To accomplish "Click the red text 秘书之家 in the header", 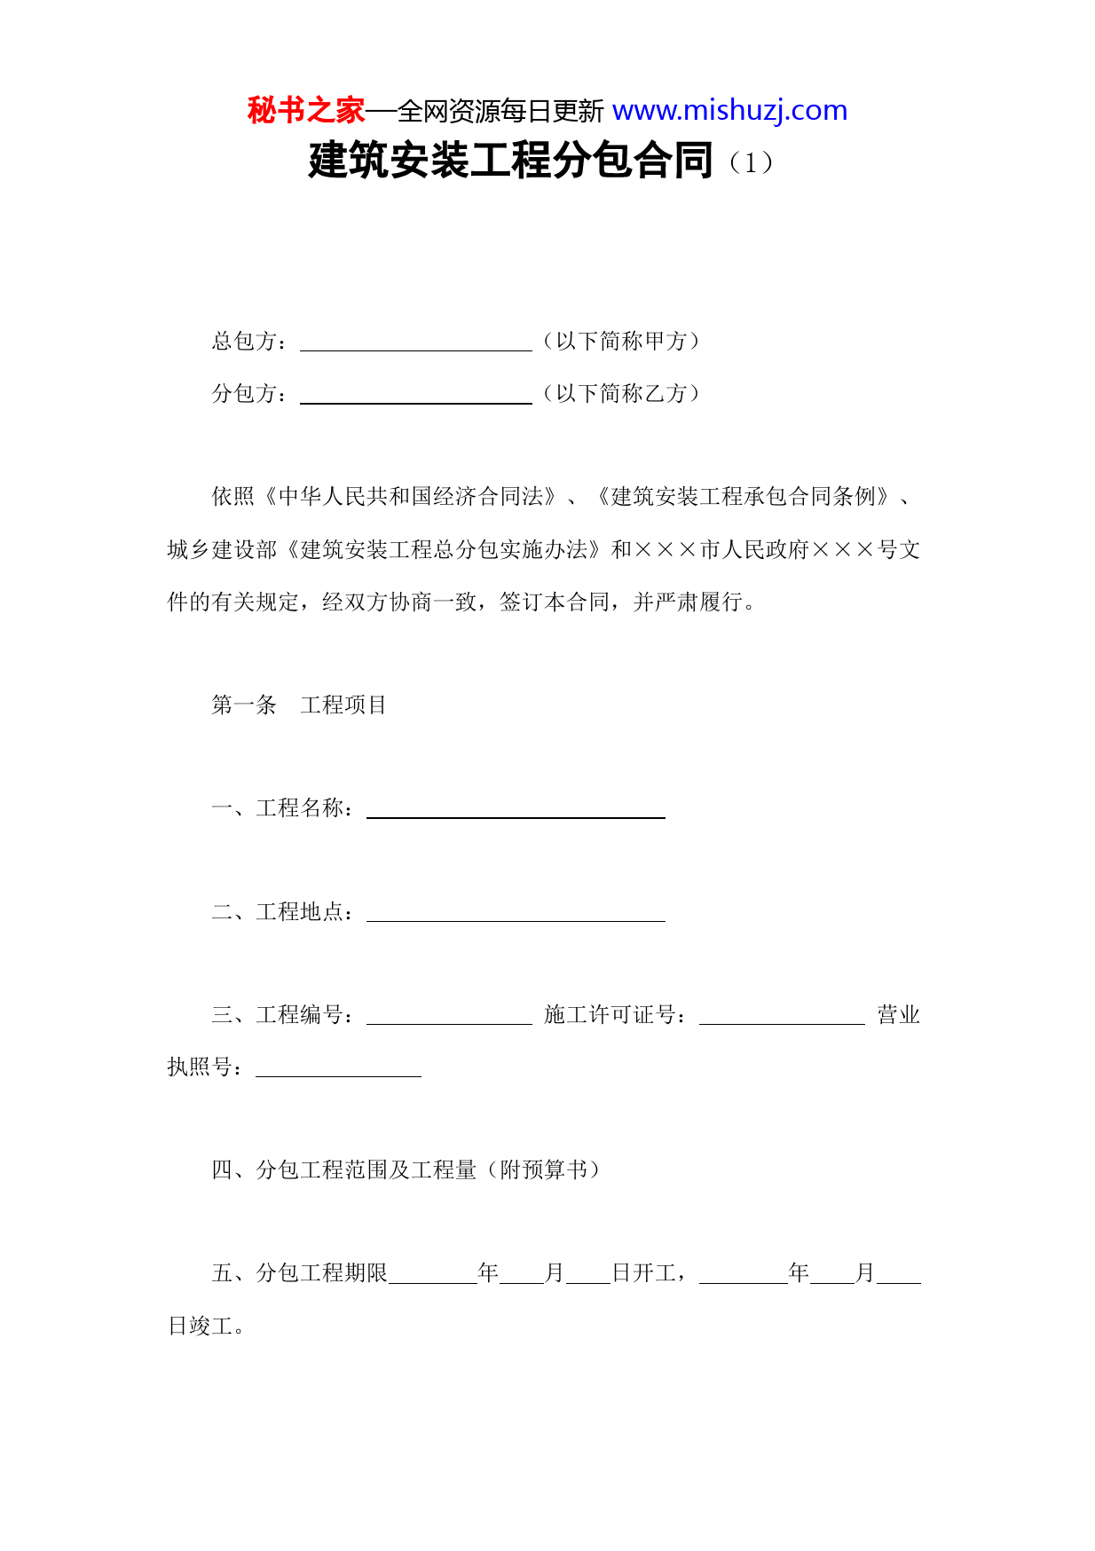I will pos(305,111).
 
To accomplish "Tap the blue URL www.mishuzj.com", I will pos(729,111).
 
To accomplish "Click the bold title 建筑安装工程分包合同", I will pos(510,161).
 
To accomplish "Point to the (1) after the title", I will pos(751,162).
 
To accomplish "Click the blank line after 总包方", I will pos(415,342).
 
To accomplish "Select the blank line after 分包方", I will pos(415,395).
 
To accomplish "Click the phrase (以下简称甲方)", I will pos(621,342).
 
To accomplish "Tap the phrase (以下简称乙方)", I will pos(621,394).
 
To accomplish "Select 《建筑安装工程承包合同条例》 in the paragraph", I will pos(743,497).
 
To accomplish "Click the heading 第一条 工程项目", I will pos(298,705).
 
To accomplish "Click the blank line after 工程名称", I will pos(516,809).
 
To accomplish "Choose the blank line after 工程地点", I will pos(516,913).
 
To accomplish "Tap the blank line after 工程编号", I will pos(449,1016).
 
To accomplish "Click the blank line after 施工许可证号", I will pos(782,1016).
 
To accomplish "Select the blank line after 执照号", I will pos(338,1068).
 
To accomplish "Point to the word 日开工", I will pos(645,1273).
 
